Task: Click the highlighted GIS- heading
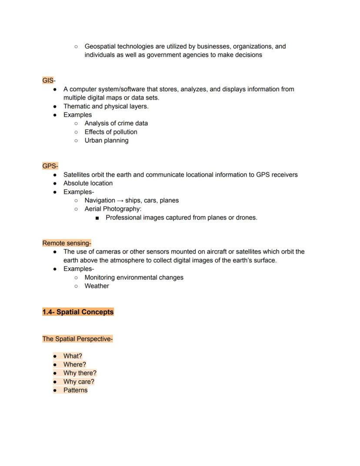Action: [x=49, y=80]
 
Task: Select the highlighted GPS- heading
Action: [x=50, y=166]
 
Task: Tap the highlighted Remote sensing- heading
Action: [x=67, y=243]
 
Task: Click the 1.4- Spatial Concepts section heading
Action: [x=78, y=312]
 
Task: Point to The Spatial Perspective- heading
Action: [x=77, y=339]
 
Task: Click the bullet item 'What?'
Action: [x=73, y=356]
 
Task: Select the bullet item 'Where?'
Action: [x=75, y=365]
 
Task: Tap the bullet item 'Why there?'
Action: [x=80, y=373]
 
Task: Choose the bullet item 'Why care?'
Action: [x=79, y=382]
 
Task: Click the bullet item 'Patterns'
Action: [x=75, y=390]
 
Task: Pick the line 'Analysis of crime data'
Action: [x=116, y=123]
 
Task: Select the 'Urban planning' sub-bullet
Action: [x=107, y=141]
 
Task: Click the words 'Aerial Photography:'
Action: [x=113, y=209]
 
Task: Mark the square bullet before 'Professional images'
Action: [x=97, y=218]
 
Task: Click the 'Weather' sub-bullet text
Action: [x=97, y=286]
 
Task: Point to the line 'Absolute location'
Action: [x=88, y=183]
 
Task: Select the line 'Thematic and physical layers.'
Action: [x=106, y=106]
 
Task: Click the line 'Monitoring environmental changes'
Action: [x=134, y=278]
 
